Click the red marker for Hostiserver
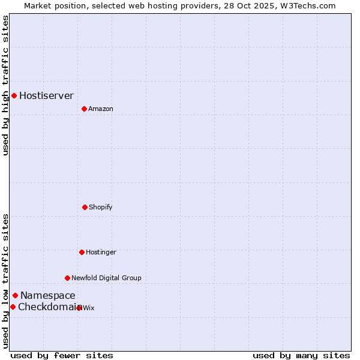tap(14, 95)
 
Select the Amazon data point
tap(84, 109)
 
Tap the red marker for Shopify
tap(85, 207)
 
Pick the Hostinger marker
tap(82, 252)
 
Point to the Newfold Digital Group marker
tap(67, 278)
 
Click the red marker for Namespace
tap(15, 295)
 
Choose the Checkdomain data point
tap(13, 307)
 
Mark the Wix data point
tap(79, 308)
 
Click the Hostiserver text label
tap(46, 95)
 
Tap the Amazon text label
tap(101, 109)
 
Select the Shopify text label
tap(101, 207)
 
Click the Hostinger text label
tap(101, 252)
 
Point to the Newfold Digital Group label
tap(106, 278)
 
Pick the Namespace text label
tap(48, 295)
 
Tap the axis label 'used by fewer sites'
tap(62, 355)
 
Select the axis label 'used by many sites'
tap(301, 355)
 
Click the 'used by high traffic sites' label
tap(5, 85)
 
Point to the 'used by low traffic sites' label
tap(5, 281)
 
